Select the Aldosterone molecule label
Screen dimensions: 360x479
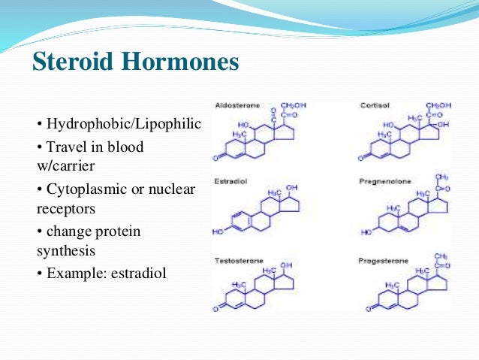[x=234, y=106]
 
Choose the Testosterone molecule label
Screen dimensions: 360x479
[x=236, y=260]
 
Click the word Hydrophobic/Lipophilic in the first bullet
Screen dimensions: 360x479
[x=124, y=123]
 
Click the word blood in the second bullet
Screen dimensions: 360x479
[x=126, y=147]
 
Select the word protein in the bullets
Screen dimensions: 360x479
[x=116, y=231]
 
